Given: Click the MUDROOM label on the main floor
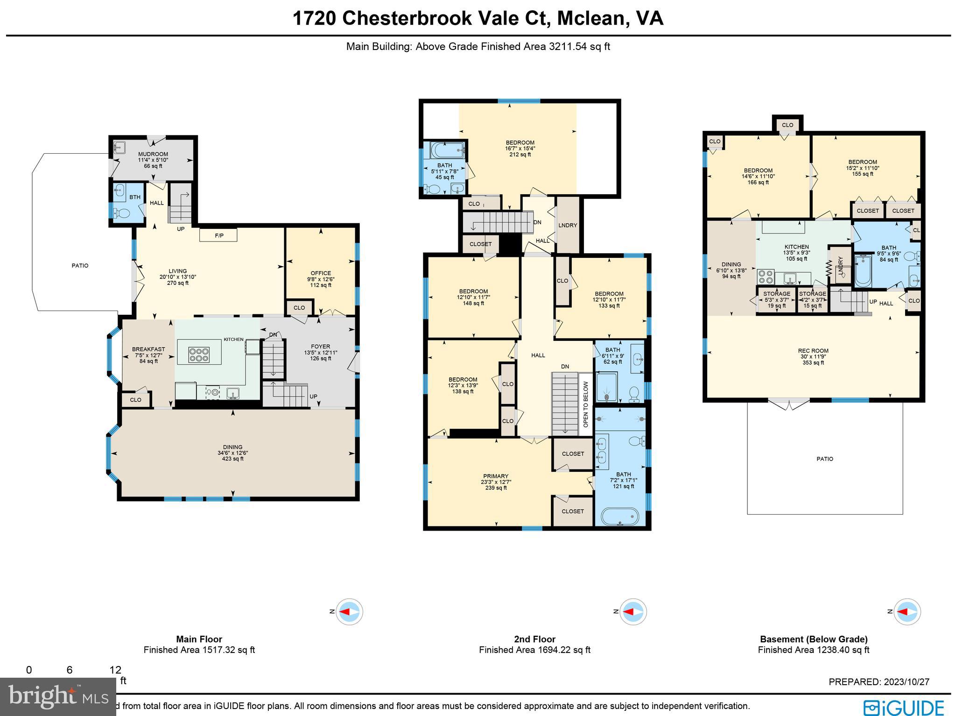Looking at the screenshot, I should (x=153, y=154).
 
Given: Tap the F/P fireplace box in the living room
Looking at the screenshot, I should (x=218, y=235).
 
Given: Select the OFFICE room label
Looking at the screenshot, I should (x=321, y=273).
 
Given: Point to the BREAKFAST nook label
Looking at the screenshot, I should (x=148, y=349).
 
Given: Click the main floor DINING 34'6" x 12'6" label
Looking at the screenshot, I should (x=232, y=447).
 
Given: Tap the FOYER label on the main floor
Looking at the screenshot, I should (x=320, y=347).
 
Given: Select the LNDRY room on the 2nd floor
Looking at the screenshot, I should (x=568, y=225).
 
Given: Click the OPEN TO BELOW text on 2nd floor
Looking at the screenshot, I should (x=586, y=404).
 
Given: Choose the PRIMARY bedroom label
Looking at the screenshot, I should (x=495, y=476).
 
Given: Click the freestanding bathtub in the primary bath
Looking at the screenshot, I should (x=619, y=517).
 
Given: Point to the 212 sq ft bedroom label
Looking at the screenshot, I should (x=520, y=149).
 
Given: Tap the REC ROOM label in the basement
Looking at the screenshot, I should (x=813, y=351).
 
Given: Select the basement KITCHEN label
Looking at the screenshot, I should (x=796, y=247).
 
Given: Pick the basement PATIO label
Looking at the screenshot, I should (x=824, y=459).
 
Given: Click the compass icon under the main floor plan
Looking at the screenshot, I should (x=349, y=611).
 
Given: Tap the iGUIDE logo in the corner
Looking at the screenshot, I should (x=903, y=707).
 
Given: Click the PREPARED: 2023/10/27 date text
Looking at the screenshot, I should (x=879, y=682).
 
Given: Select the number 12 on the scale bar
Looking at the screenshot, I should (x=115, y=670).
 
